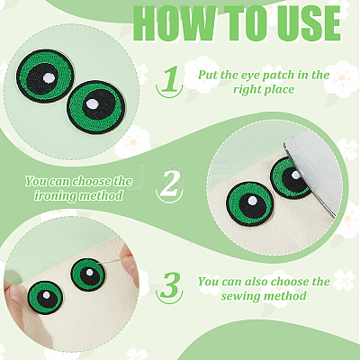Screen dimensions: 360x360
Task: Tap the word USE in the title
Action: pyautogui.click(x=309, y=23)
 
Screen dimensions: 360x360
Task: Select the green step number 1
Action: pyautogui.click(x=170, y=79)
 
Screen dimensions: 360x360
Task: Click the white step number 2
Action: pyautogui.click(x=169, y=183)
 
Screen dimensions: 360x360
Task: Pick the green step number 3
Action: pyautogui.click(x=170, y=284)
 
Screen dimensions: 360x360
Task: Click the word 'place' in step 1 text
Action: pyautogui.click(x=280, y=89)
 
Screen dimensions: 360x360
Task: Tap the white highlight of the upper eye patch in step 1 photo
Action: pyautogui.click(x=49, y=77)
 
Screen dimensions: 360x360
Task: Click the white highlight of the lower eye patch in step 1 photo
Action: pyautogui.click(x=92, y=104)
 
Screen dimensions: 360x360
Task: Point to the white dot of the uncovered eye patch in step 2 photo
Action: pyautogui.click(x=252, y=201)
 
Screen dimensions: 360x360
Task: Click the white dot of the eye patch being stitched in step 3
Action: pyautogui.click(x=90, y=273)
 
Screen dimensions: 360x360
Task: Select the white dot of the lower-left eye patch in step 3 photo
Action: pyautogui.click(x=46, y=295)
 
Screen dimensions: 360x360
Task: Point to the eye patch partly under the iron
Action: pyautogui.click(x=291, y=177)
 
